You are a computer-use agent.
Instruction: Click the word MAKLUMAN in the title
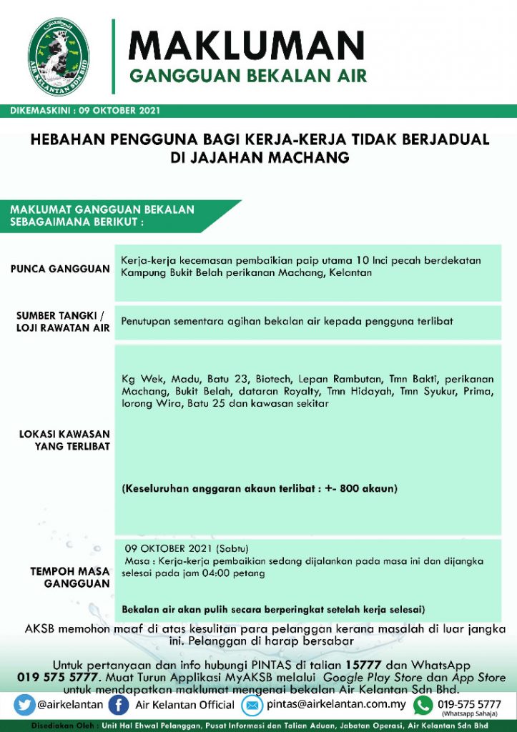click(246, 45)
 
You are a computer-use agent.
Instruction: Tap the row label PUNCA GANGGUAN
click(60, 269)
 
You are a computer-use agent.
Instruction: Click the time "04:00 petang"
click(234, 573)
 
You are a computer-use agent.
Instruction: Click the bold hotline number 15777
click(366, 664)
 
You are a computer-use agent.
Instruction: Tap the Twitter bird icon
click(24, 705)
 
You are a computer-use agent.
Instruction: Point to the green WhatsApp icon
click(423, 705)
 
